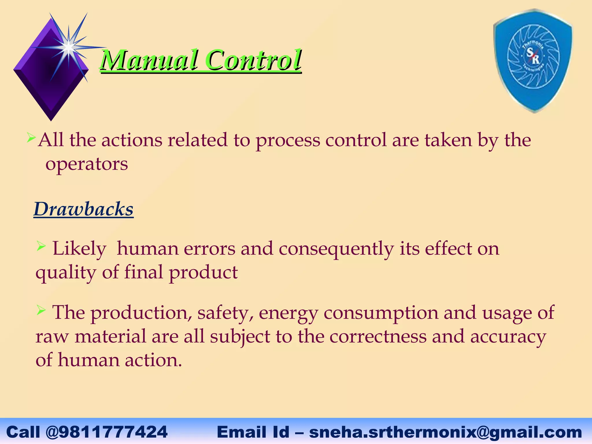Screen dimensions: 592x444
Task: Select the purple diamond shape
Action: click(x=51, y=69)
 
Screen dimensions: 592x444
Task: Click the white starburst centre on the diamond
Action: click(x=69, y=47)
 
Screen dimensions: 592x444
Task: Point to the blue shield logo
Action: click(x=533, y=61)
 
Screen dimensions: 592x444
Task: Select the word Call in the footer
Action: click(x=23, y=432)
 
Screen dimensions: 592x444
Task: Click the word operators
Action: click(x=87, y=164)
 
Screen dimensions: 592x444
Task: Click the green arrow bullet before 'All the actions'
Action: click(x=31, y=137)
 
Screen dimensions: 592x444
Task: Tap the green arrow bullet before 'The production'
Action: click(x=41, y=311)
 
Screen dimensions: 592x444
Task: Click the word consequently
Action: click(x=336, y=249)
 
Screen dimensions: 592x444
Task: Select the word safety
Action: click(x=225, y=313)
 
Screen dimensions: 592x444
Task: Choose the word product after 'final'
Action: click(x=203, y=273)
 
